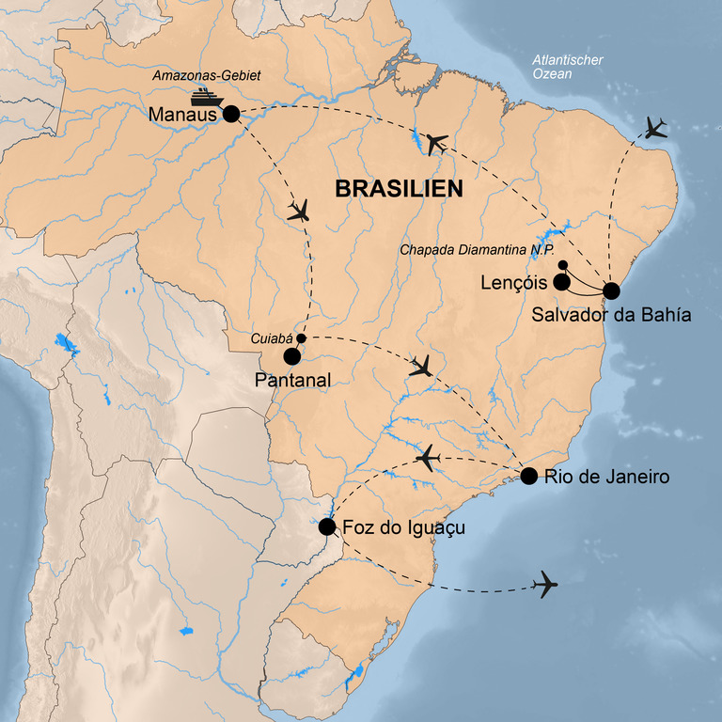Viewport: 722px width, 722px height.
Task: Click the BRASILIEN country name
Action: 399,189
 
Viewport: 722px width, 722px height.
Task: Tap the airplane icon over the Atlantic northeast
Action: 656,128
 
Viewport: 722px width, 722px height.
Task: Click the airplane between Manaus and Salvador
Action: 435,143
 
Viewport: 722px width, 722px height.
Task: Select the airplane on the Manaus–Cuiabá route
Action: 299,212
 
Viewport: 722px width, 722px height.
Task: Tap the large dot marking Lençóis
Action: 561,281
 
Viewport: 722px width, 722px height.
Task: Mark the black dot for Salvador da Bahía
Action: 611,290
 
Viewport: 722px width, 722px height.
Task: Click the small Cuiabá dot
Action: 302,338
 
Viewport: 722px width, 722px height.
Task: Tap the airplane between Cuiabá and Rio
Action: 421,367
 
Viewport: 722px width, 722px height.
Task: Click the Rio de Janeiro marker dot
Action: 528,476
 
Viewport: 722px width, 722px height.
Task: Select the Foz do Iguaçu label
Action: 404,528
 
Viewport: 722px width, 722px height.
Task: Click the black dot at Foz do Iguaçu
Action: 327,527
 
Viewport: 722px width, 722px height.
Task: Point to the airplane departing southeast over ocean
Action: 544,585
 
